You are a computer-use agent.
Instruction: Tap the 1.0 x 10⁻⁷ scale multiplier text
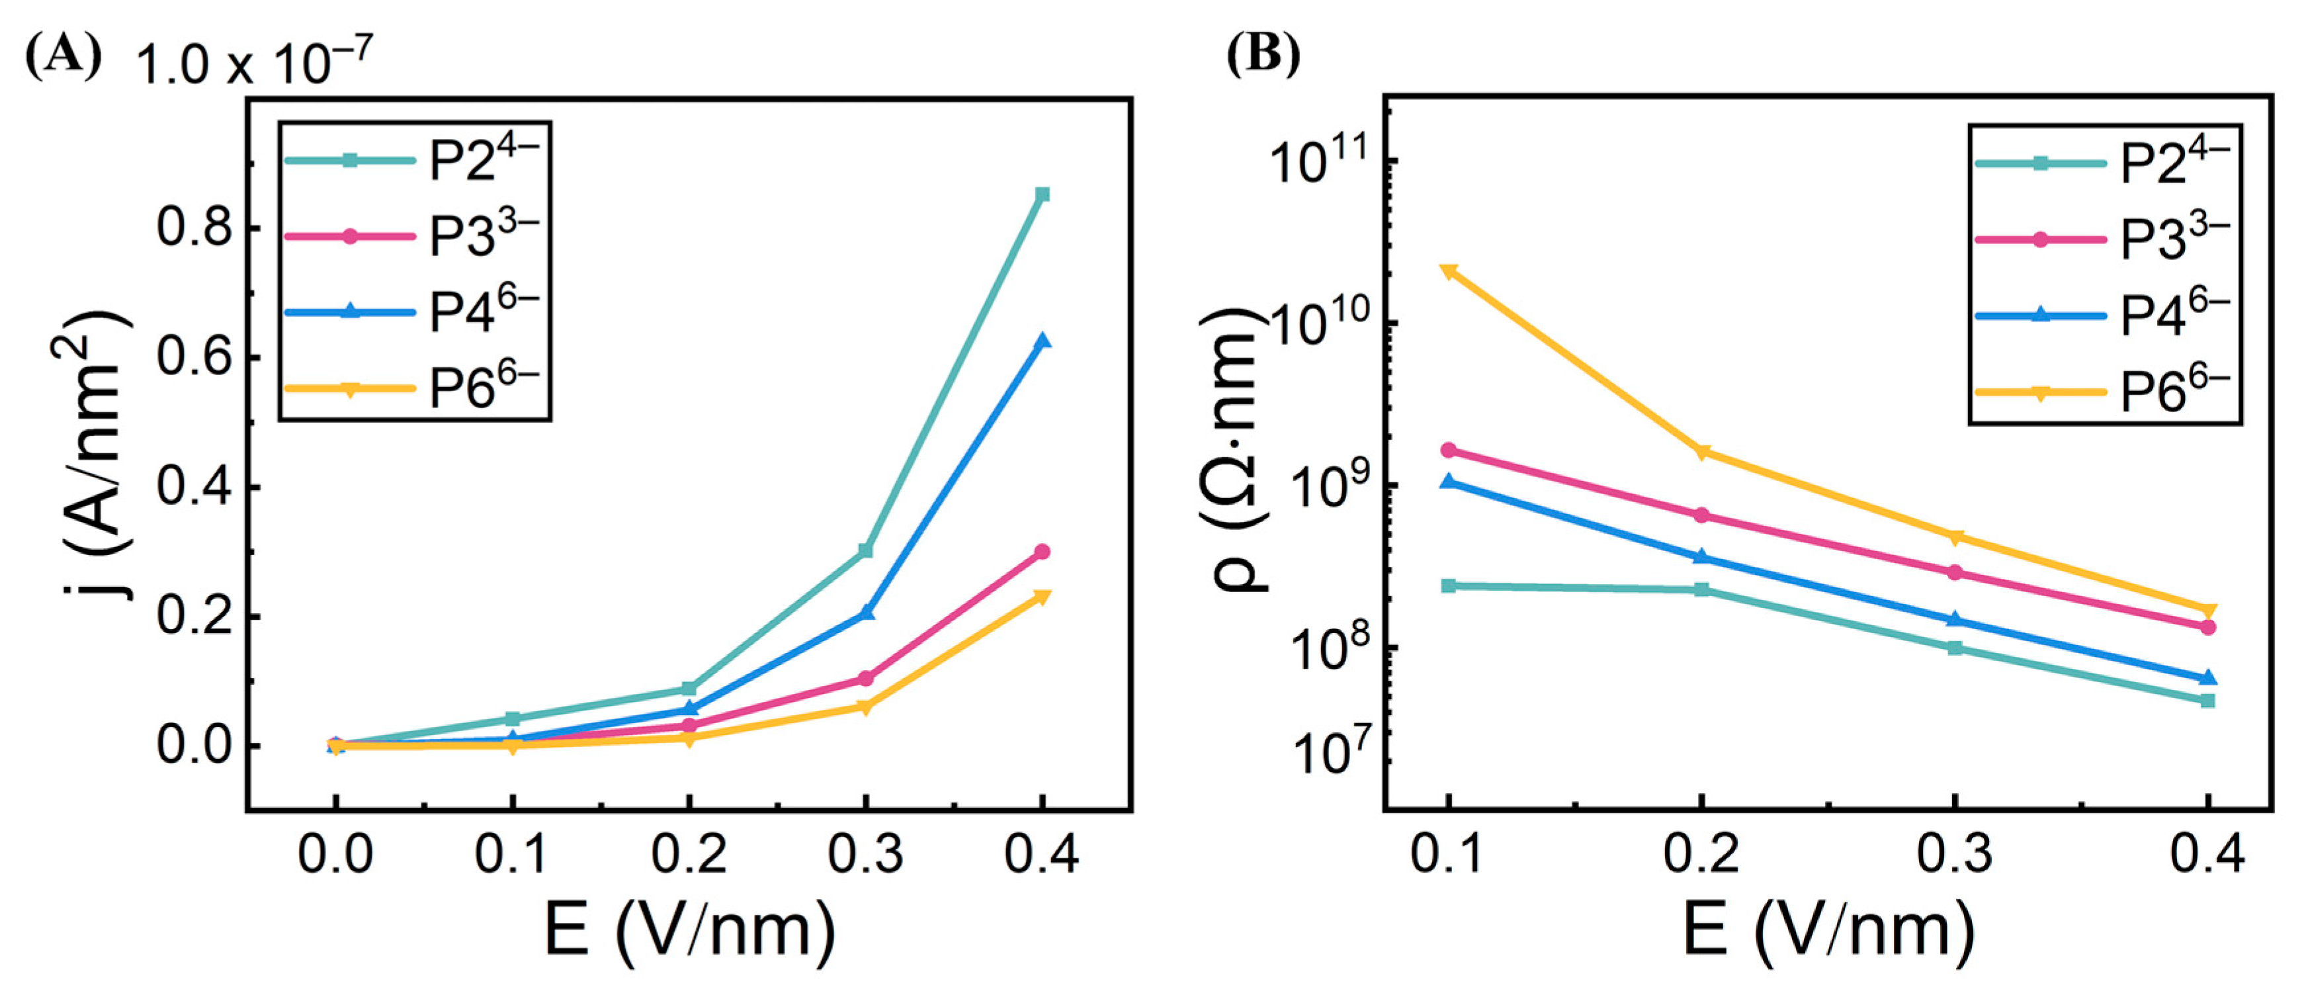pos(253,63)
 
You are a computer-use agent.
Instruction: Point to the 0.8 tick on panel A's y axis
pos(194,228)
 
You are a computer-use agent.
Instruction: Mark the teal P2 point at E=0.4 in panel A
pos(1042,194)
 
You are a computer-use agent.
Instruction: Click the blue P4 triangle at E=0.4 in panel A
pos(1042,342)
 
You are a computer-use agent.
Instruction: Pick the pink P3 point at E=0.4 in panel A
pos(1042,552)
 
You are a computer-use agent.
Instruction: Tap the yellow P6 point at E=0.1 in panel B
pos(1449,271)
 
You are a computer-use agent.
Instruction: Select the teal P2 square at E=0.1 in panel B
pos(1449,585)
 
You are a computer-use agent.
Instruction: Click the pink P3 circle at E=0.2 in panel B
pos(1701,515)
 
